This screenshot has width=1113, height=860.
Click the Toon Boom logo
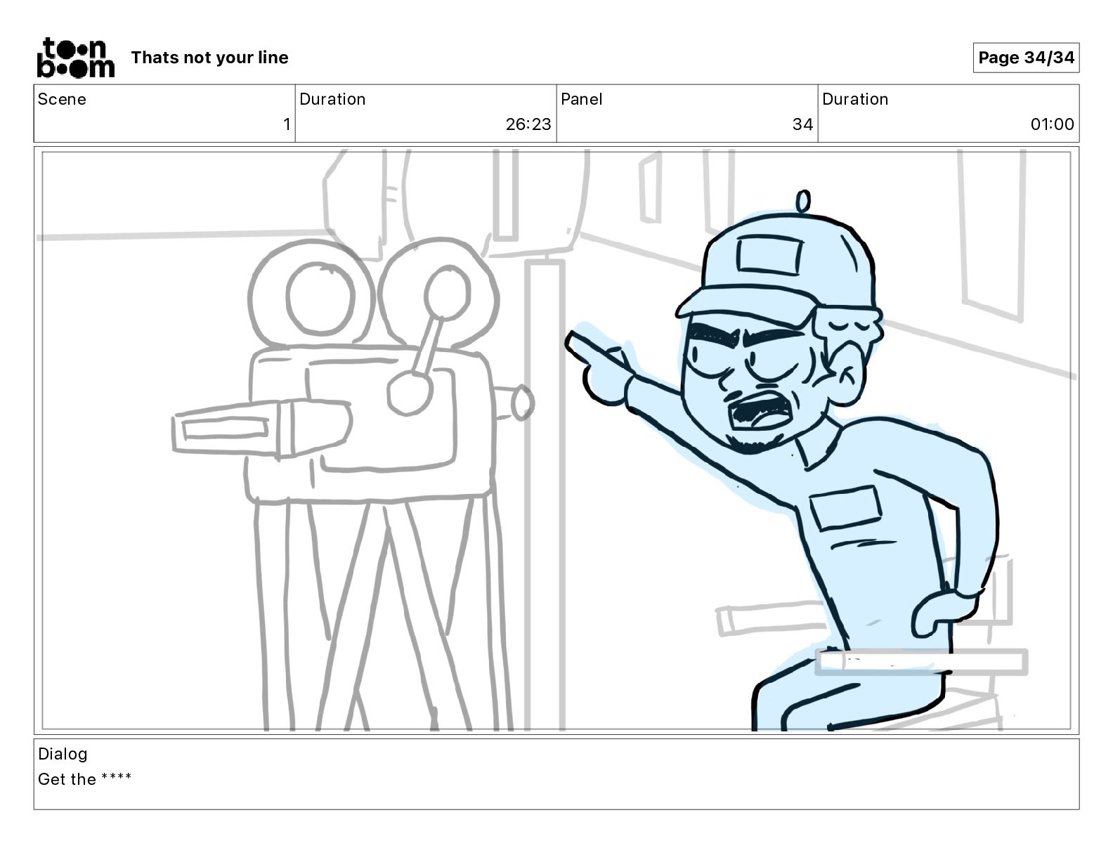point(76,58)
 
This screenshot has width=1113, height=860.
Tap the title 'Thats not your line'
point(209,58)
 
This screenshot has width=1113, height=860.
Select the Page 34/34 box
point(1026,58)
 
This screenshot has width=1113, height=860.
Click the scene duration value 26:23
point(528,124)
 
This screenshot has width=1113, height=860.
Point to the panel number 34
point(802,124)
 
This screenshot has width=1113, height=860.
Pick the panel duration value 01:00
point(1052,124)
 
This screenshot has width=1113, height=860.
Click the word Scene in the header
point(62,99)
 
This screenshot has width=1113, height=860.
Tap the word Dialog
point(63,754)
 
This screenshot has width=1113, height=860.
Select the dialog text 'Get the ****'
point(84,779)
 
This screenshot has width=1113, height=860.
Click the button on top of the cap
point(803,201)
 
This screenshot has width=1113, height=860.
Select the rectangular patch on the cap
point(769,254)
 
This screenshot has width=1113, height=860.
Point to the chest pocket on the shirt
point(845,507)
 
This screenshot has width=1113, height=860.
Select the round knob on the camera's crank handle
point(410,393)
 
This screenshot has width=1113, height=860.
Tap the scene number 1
point(287,124)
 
